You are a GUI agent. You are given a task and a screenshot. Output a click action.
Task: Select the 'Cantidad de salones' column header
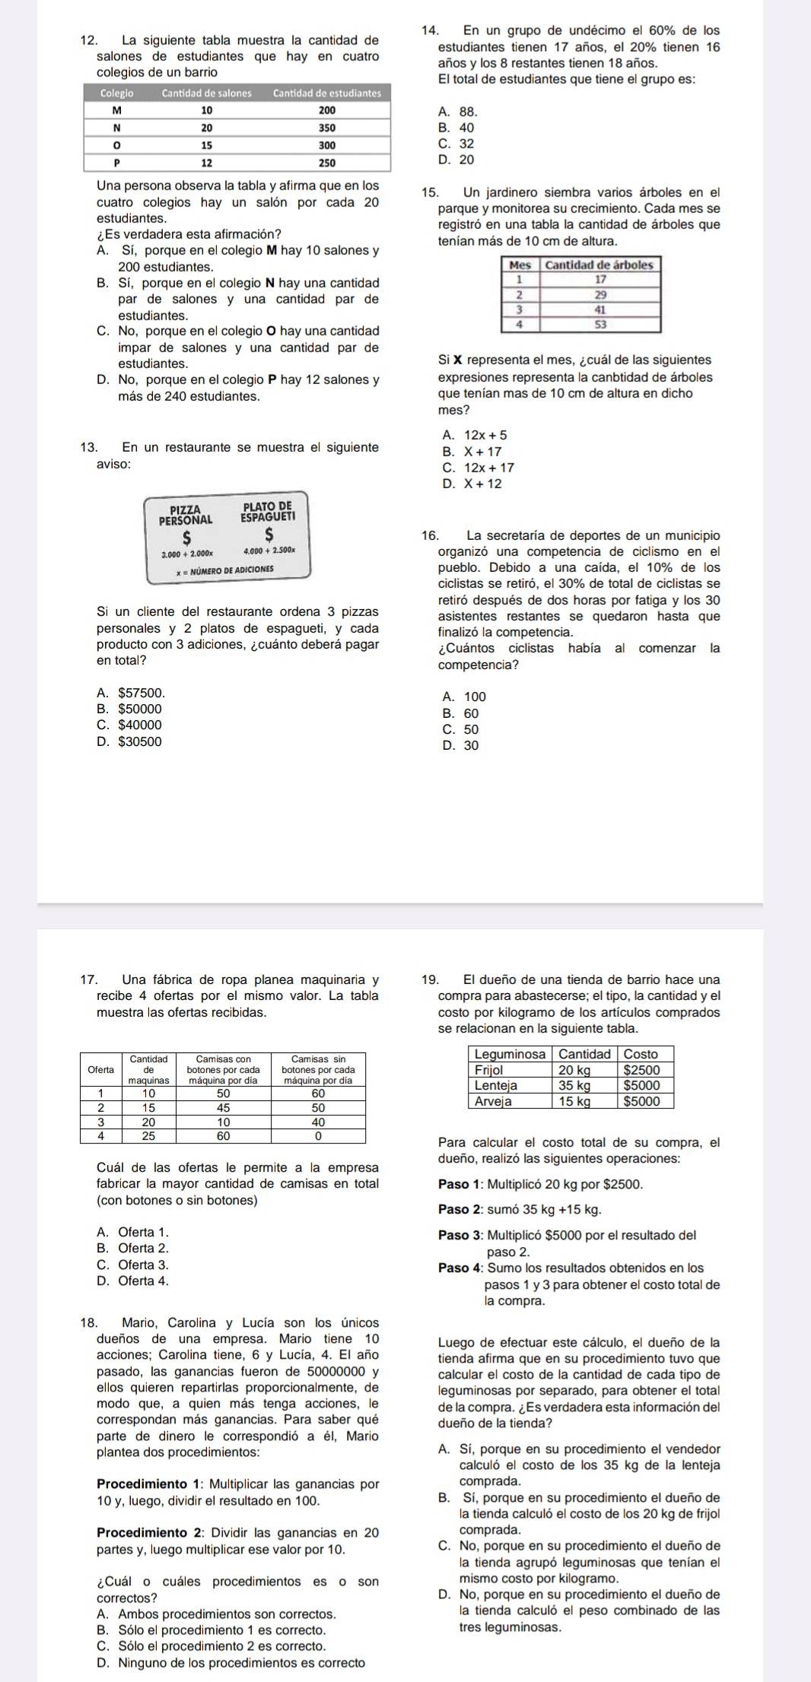click(206, 93)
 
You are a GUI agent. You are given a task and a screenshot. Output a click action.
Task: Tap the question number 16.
click(428, 536)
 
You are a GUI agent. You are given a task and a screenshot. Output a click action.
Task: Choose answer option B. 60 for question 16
click(460, 713)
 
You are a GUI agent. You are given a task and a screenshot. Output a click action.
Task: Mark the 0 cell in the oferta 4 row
click(318, 1135)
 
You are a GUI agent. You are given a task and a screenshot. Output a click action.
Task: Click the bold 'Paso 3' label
click(460, 1236)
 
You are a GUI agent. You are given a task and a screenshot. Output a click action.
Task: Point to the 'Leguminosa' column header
click(510, 1054)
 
